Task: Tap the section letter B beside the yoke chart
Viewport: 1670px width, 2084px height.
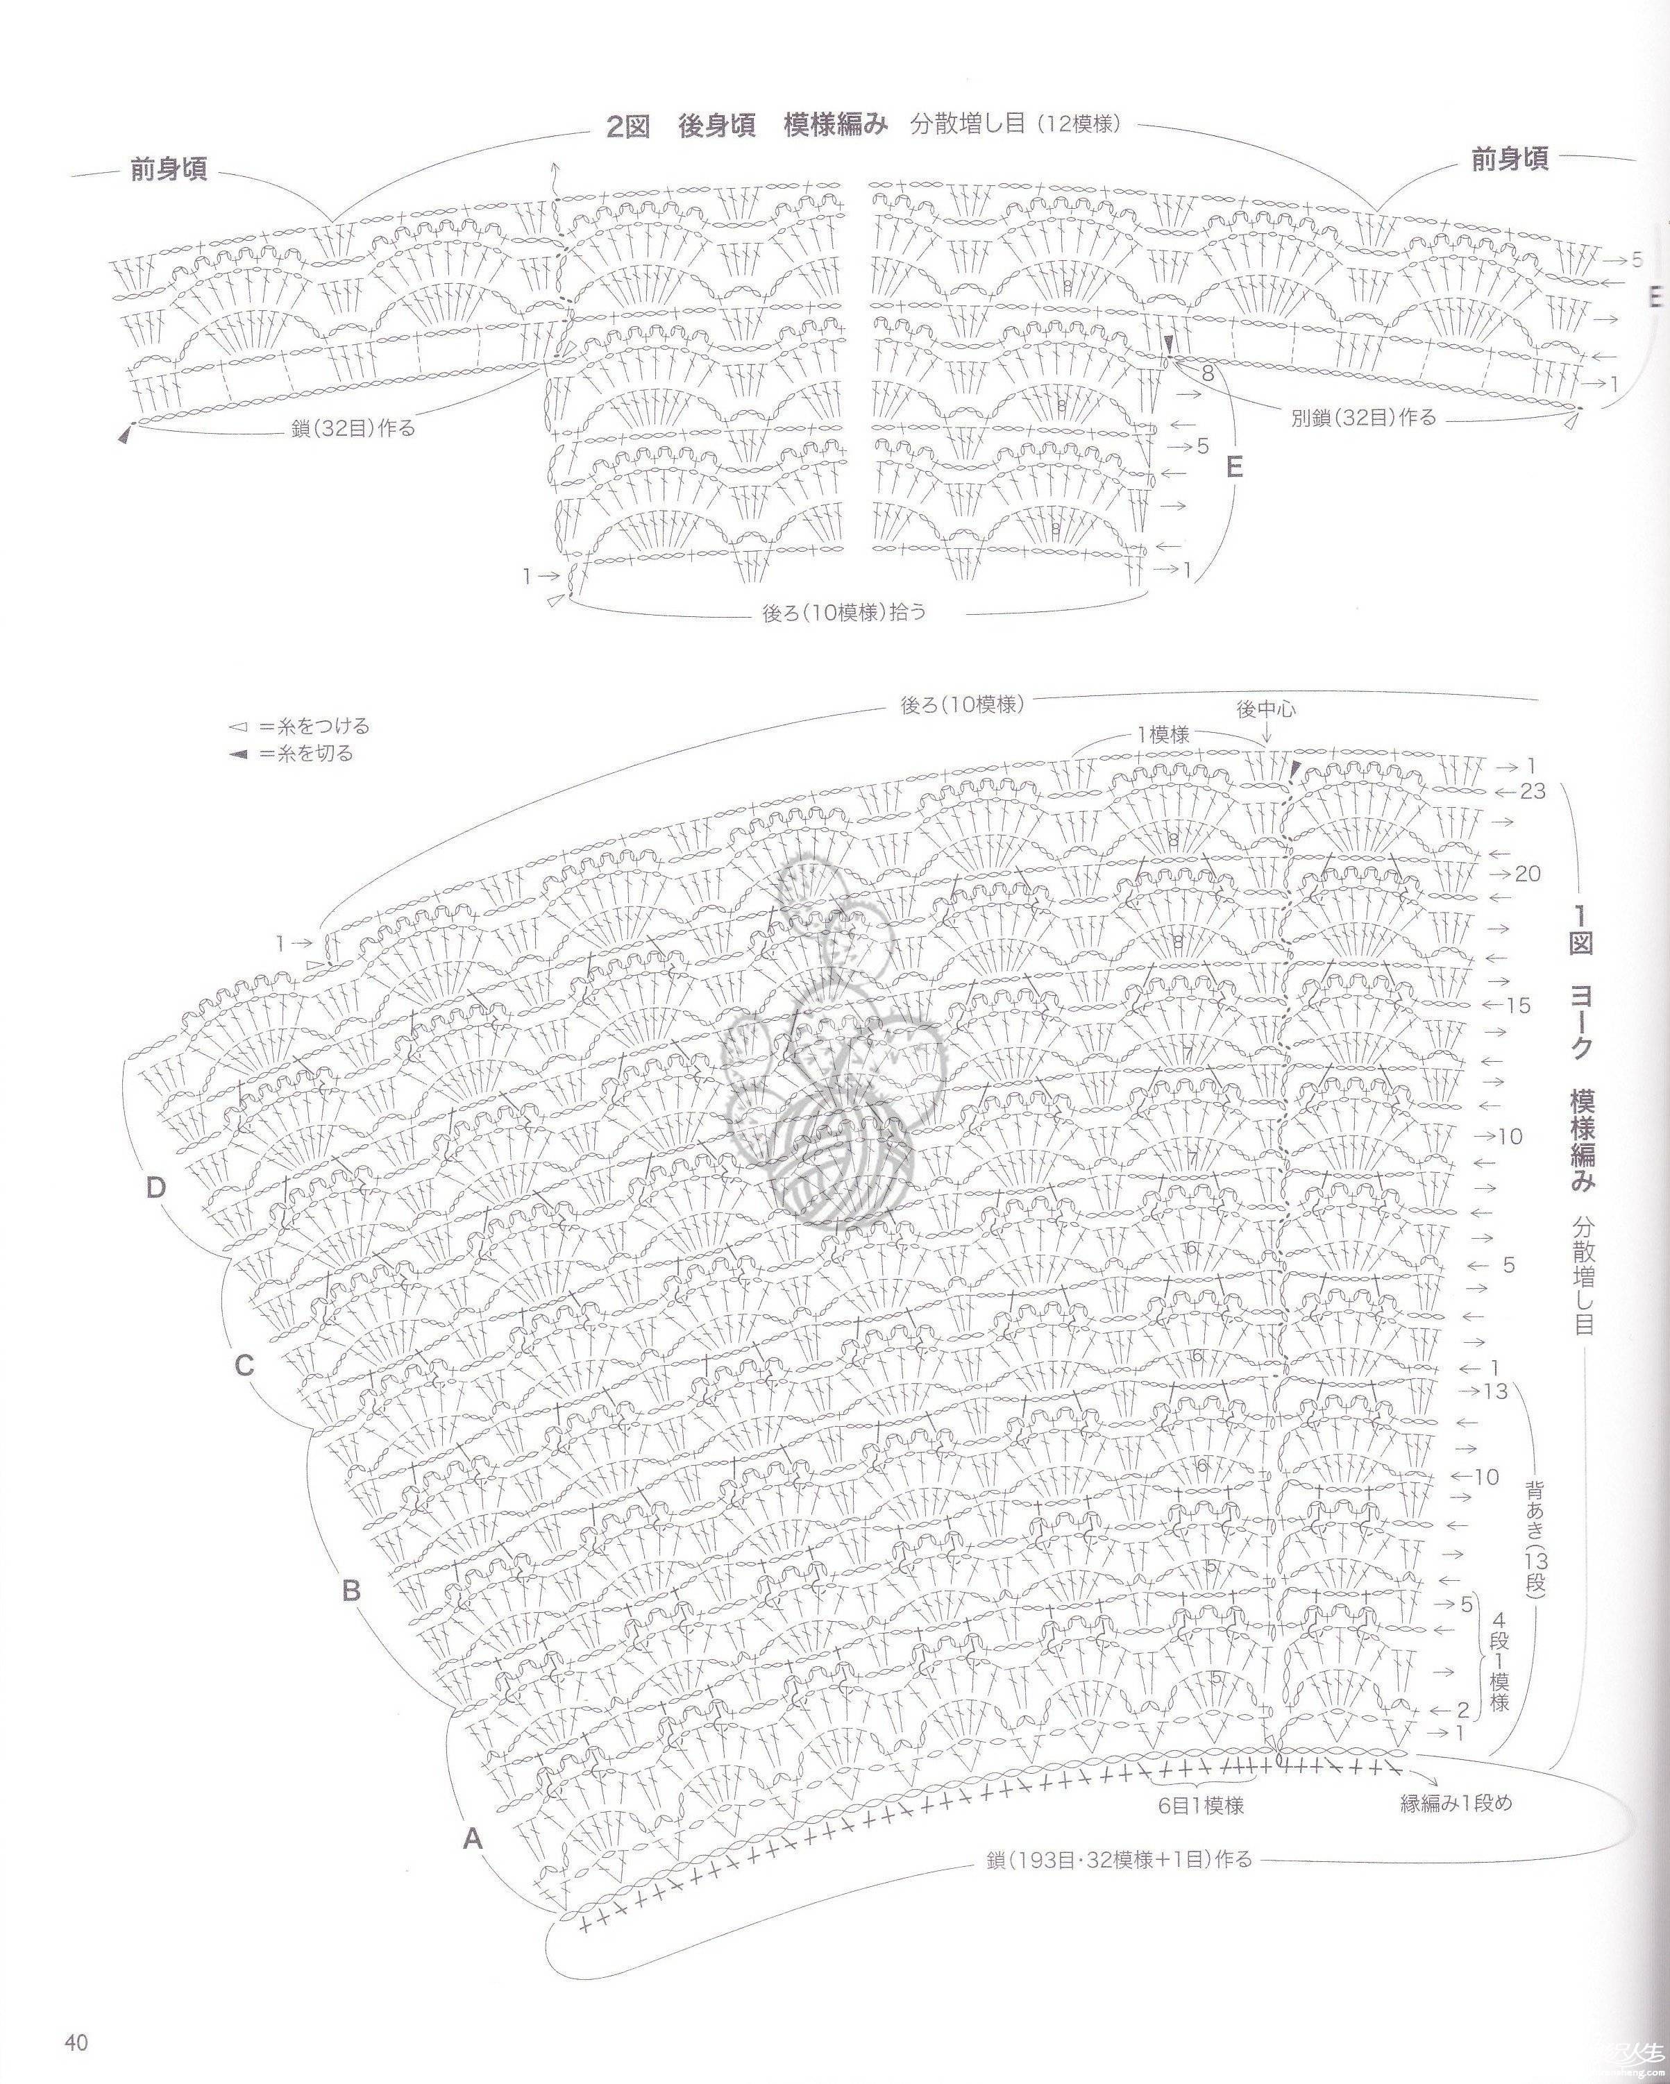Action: [352, 1589]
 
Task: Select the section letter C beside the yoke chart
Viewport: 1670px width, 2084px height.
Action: [244, 1366]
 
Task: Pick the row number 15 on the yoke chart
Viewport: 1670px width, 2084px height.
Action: [1519, 1006]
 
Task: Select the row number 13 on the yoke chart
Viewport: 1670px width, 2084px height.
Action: [1495, 1391]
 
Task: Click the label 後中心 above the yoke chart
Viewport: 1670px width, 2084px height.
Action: [1266, 709]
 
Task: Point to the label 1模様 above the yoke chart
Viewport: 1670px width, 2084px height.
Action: [1163, 735]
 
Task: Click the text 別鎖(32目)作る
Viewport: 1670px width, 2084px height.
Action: [1363, 418]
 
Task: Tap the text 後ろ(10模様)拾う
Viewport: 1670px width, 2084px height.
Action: [844, 612]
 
